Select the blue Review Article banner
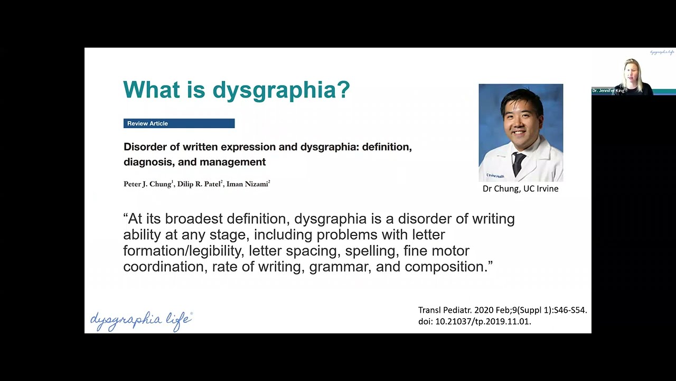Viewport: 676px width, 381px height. pos(179,123)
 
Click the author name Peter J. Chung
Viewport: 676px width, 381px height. pos(147,184)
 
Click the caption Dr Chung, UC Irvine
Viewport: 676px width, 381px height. pos(520,188)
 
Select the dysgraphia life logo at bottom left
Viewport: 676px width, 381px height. pos(141,321)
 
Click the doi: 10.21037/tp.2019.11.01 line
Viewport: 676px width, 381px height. pos(474,321)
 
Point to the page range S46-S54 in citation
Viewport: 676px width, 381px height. pos(570,310)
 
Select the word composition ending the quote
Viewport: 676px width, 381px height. pos(445,267)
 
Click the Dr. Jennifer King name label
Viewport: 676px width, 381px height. pos(608,91)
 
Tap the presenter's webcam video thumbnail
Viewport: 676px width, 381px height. pos(633,74)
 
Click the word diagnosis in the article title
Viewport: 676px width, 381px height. pos(148,162)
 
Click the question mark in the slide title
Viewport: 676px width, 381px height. pos(343,89)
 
